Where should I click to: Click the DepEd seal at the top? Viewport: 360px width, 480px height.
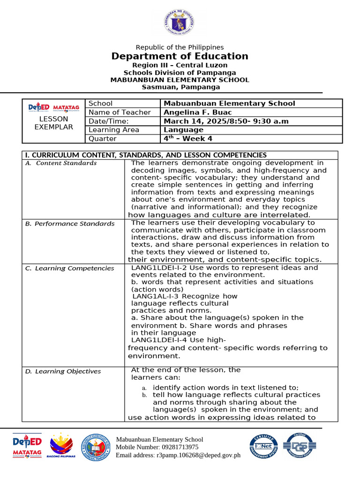pyautogui.click(x=180, y=22)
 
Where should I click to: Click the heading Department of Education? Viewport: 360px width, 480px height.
pyautogui.click(x=180, y=56)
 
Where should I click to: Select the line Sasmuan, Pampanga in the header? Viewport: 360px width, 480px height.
pyautogui.click(x=180, y=87)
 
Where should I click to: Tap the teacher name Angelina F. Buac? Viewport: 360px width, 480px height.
pyautogui.click(x=197, y=112)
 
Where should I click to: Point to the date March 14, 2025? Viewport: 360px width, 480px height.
pyautogui.click(x=194, y=121)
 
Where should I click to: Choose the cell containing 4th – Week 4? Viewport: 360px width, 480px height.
pyautogui.click(x=187, y=138)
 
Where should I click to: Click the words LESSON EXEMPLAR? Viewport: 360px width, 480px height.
pyautogui.click(x=53, y=123)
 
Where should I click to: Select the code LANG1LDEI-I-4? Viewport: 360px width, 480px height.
pyautogui.click(x=159, y=340)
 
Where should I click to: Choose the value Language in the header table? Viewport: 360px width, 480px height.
pyautogui.click(x=183, y=130)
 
